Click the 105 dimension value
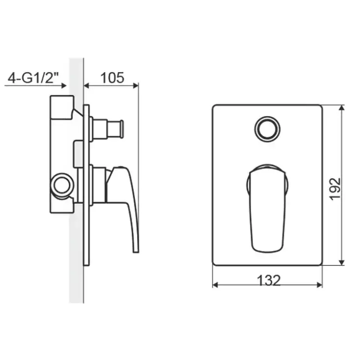click(x=112, y=77)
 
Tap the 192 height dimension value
click(x=335, y=189)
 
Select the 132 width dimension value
click(x=269, y=280)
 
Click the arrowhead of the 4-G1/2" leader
click(x=64, y=86)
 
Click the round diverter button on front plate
click(x=267, y=129)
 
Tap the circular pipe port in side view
click(x=62, y=185)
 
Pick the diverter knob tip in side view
click(x=121, y=129)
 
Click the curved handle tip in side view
click(x=136, y=249)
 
